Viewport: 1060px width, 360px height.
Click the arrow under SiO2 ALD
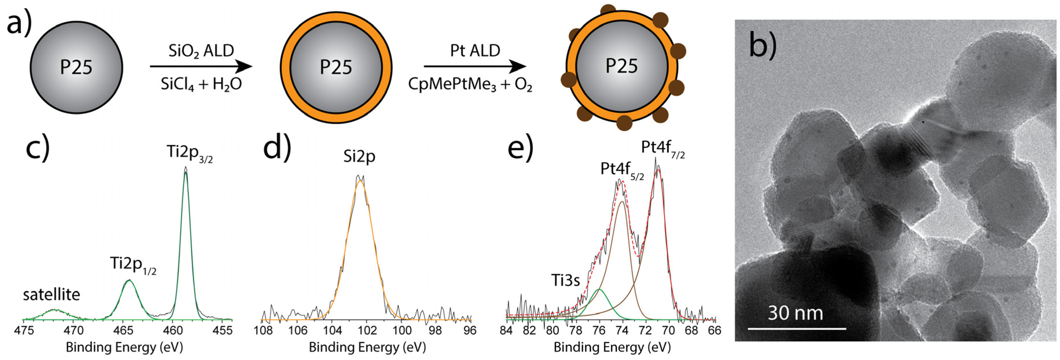201,66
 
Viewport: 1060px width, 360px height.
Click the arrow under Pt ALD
475,66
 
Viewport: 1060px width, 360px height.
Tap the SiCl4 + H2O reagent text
201,84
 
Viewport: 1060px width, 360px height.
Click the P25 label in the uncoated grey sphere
76,67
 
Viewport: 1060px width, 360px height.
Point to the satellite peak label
52,295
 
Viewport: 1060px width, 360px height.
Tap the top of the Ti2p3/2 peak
186,168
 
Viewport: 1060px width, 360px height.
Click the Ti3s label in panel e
565,281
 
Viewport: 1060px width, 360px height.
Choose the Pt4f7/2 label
662,148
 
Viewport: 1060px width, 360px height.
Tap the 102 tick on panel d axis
367,330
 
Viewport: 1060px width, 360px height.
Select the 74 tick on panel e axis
622,330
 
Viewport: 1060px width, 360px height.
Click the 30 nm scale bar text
795,313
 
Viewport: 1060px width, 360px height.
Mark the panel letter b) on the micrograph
762,45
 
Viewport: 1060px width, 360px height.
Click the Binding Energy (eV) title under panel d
367,348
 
